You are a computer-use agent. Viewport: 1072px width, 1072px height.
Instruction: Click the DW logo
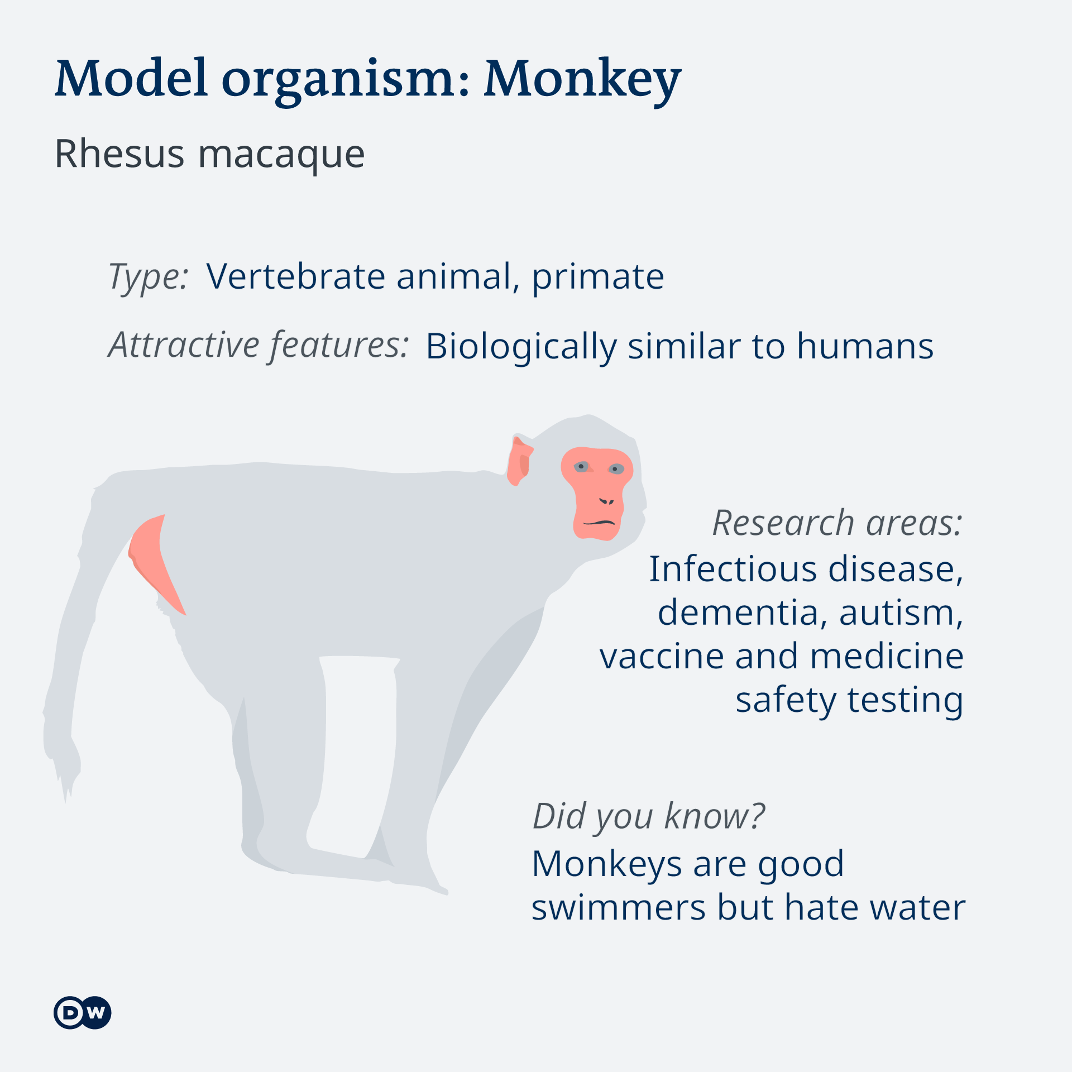[83, 1012]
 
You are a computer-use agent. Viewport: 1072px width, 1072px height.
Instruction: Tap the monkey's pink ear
[519, 461]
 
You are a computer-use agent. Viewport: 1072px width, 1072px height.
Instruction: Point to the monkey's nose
[606, 501]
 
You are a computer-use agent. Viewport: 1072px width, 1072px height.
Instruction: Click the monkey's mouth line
[599, 523]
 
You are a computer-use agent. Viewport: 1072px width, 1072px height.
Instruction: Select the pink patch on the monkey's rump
[154, 561]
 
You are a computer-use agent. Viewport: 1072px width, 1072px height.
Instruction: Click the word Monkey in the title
[582, 79]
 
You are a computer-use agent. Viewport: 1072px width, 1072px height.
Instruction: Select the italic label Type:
[149, 277]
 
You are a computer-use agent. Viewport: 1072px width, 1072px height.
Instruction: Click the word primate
[598, 277]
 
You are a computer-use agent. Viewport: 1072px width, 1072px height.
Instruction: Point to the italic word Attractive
[183, 345]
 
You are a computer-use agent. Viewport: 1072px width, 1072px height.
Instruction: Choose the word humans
[865, 346]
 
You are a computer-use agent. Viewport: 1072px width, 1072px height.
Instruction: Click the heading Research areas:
[837, 523]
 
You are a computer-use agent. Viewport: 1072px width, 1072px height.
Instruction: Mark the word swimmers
[619, 907]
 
